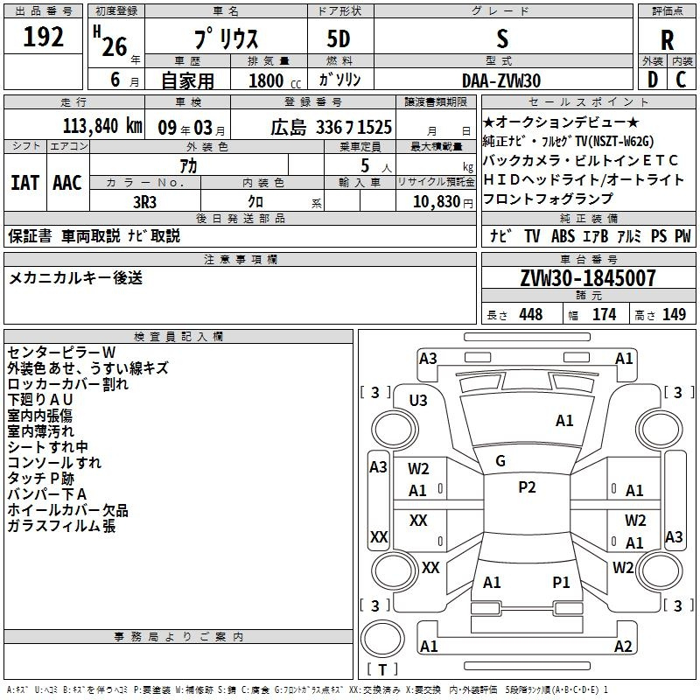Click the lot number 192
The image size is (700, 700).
tap(43, 37)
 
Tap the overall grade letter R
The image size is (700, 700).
tap(667, 40)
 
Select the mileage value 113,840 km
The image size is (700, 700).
tap(102, 126)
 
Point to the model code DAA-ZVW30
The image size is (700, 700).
tap(501, 80)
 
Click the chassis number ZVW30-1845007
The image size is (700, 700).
tap(588, 278)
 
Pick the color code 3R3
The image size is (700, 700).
tap(144, 202)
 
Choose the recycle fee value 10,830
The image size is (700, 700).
tap(437, 202)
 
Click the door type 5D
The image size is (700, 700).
tap(339, 39)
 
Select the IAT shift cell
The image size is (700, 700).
tap(24, 183)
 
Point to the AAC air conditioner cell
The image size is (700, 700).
tap(67, 183)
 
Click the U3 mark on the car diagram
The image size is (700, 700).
tap(418, 401)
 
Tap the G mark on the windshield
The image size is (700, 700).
tap(500, 461)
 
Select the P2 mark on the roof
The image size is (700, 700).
tap(527, 487)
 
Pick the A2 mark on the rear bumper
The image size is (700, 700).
tap(623, 646)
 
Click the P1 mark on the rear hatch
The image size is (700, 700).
tap(561, 582)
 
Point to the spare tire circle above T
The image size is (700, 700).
tap(382, 639)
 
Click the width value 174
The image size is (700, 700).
tap(604, 314)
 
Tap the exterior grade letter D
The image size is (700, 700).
tap(653, 80)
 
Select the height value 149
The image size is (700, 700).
tap(674, 314)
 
